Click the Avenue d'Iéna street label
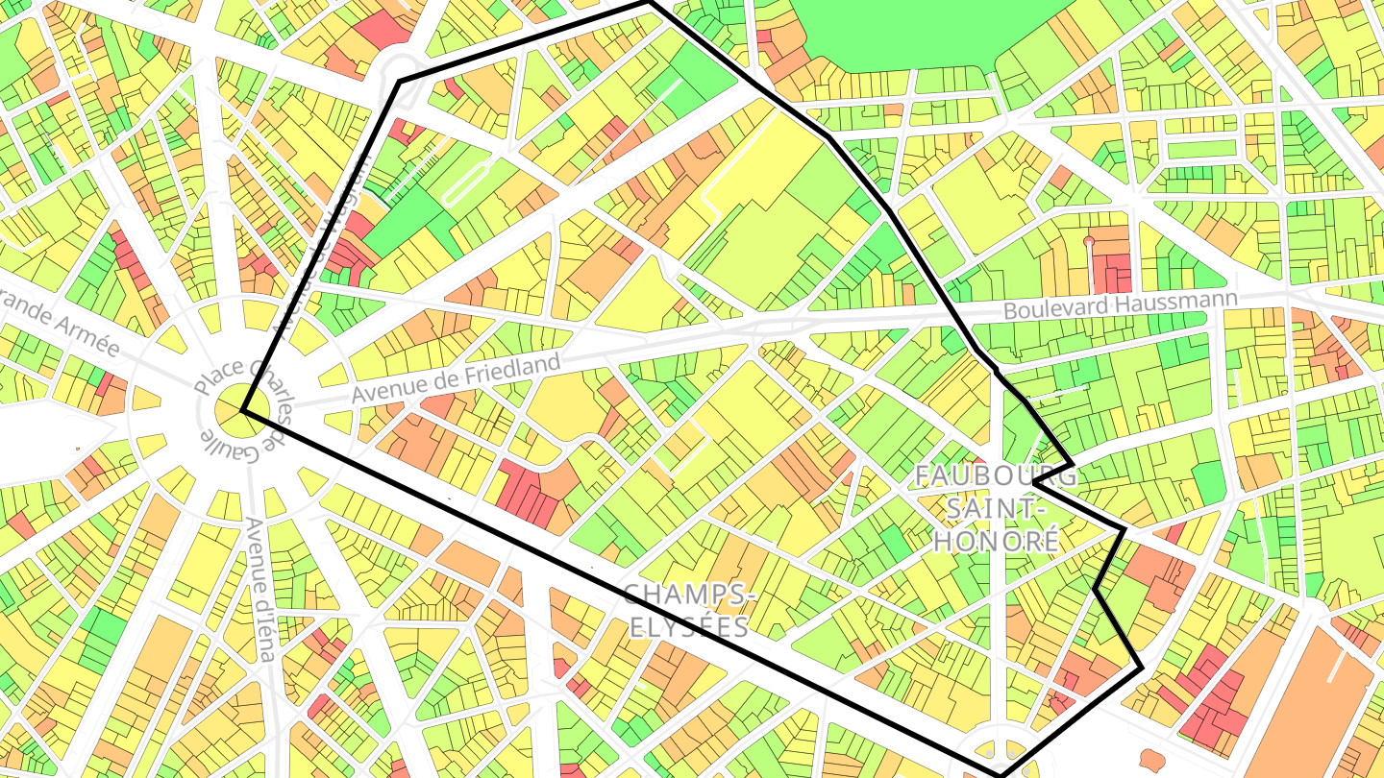[x=260, y=589]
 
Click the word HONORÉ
[x=996, y=540]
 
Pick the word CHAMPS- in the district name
[x=689, y=596]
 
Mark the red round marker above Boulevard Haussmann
[x=1089, y=240]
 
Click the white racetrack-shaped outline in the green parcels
[x=468, y=182]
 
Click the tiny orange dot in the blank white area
[x=77, y=448]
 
